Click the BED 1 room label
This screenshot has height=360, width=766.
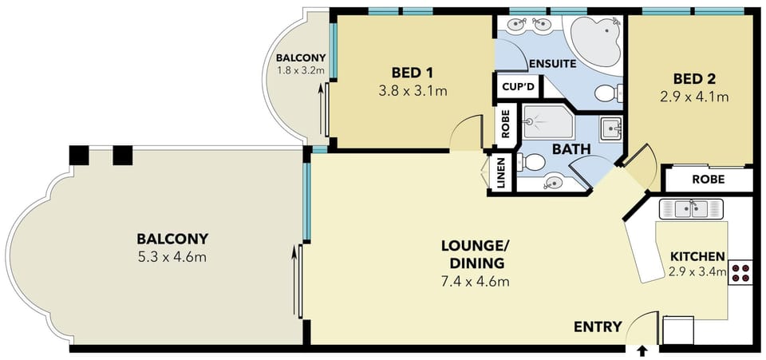(413, 73)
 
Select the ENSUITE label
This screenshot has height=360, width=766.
(552, 63)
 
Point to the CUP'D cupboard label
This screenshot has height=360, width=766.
(518, 88)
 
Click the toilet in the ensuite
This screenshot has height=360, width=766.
(609, 93)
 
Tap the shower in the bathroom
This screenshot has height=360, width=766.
(545, 121)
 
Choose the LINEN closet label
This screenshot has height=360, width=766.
(501, 172)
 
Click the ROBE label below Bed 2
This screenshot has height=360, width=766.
(709, 180)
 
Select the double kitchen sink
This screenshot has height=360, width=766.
(691, 208)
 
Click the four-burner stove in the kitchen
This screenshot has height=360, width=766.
(740, 273)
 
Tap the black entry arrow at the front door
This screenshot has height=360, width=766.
(642, 350)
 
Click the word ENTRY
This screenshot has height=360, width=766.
(598, 326)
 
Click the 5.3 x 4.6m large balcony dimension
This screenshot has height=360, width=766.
(172, 257)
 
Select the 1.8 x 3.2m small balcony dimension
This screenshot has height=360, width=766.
(301, 70)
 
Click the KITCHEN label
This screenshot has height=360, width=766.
(697, 257)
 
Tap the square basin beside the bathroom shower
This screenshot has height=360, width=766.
(610, 129)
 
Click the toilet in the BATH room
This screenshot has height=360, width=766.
(531, 162)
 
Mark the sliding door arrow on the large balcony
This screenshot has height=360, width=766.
(294, 283)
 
